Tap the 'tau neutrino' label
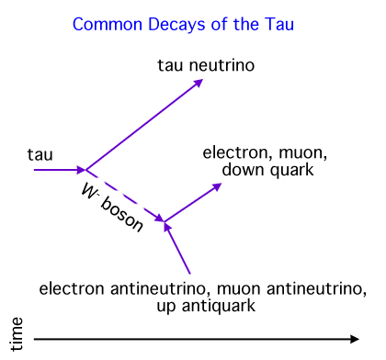[206, 65]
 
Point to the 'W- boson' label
[110, 209]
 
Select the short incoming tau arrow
[58, 169]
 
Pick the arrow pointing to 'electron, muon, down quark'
[193, 202]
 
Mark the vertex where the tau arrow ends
[85, 169]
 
